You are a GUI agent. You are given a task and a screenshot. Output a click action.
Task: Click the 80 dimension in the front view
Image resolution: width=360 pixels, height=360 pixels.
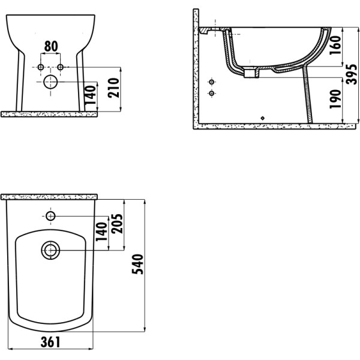pos(51,46)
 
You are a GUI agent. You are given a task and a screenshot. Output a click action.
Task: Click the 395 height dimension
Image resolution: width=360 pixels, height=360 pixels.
pos(352,76)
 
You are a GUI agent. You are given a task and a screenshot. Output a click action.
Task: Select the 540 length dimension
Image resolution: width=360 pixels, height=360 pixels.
pos(138,265)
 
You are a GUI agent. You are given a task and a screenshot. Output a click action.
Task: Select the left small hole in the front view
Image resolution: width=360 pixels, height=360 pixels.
pos(41,65)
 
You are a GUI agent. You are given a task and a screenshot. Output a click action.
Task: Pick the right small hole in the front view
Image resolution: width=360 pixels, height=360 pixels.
pos(60,65)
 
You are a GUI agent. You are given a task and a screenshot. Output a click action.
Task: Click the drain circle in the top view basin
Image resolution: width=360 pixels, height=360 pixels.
pos(50,250)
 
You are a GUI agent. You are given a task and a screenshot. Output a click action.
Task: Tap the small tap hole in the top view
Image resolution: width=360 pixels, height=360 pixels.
pos(50,215)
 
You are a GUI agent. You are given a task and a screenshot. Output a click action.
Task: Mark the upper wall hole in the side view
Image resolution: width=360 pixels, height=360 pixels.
pos(211,82)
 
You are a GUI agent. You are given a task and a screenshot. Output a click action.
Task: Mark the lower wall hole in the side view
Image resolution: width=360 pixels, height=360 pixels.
pos(211,94)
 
